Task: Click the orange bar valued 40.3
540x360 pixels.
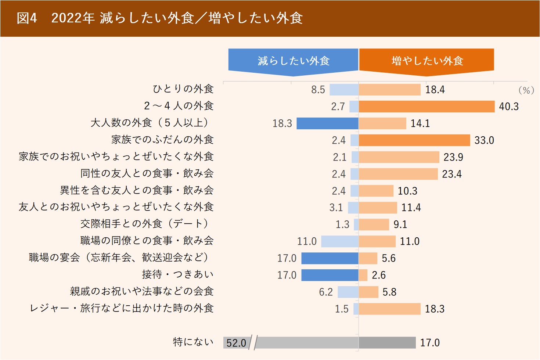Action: [426, 107]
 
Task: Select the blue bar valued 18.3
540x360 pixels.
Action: [327, 123]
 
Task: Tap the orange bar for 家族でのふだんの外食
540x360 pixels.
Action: [414, 140]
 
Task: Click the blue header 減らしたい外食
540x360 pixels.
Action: [293, 61]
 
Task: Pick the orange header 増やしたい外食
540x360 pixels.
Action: [427, 61]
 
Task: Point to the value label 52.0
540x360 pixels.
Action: [236, 343]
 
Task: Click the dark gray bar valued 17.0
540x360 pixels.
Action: [387, 343]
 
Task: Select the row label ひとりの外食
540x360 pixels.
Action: [183, 89]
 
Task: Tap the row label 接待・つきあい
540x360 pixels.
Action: [177, 275]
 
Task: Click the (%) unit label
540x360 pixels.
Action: [526, 90]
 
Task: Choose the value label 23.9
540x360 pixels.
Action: [453, 157]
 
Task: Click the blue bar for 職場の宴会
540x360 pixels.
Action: [330, 258]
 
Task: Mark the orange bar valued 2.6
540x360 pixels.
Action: [363, 275]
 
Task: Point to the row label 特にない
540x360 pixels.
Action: [193, 342]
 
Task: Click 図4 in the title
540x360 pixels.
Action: [27, 18]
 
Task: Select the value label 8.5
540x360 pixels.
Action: [318, 90]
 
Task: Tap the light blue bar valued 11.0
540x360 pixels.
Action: [339, 241]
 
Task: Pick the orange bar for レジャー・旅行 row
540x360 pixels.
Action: [389, 309]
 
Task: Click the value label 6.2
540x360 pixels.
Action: [325, 292]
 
